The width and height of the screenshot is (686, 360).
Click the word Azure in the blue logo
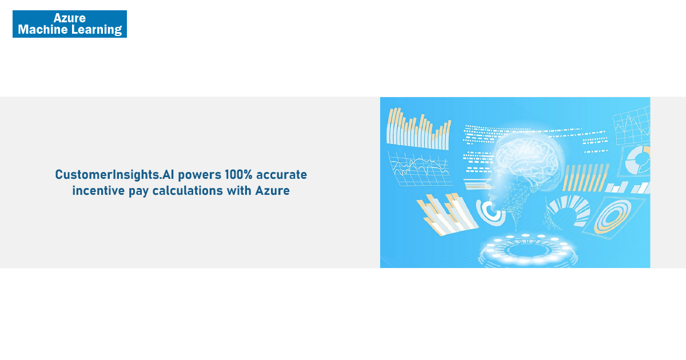pos(70,18)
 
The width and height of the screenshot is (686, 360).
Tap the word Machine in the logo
pos(43,29)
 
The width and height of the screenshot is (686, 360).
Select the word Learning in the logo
pos(97,30)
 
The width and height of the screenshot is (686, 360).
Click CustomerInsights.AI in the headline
pos(114,175)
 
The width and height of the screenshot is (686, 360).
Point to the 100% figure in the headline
pos(238,174)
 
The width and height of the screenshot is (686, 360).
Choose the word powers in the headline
pos(200,175)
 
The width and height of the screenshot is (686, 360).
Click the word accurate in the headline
pos(281,175)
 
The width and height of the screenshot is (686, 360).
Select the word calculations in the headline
pos(188,190)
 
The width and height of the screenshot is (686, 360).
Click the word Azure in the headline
pos(272,191)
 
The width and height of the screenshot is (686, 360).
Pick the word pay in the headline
pos(138,191)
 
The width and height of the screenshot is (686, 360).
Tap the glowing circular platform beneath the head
pos(527,250)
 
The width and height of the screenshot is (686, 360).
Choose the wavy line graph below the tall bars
pos(420,168)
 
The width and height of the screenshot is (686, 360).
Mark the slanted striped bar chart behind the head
pos(585,178)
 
